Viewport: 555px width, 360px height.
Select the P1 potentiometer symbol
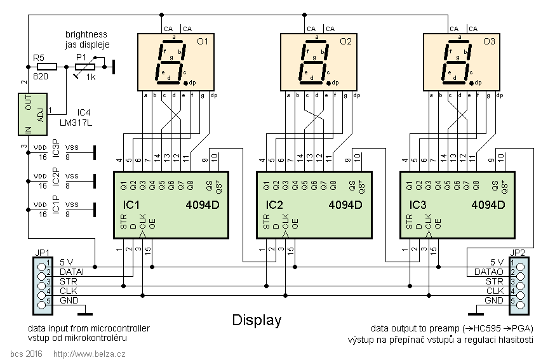(x=85, y=66)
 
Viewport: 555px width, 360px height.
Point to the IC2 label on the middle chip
(x=276, y=205)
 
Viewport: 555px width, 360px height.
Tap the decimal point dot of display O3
(x=472, y=83)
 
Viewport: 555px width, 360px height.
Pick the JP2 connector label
(x=518, y=252)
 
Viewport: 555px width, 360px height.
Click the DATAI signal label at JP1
(x=71, y=271)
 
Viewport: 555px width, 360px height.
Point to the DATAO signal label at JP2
(x=489, y=271)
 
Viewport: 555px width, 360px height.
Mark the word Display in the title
(x=256, y=320)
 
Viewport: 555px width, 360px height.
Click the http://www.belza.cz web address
(x=89, y=353)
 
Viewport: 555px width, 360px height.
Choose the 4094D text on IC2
(x=345, y=205)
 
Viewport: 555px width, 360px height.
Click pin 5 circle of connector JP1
(x=42, y=300)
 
